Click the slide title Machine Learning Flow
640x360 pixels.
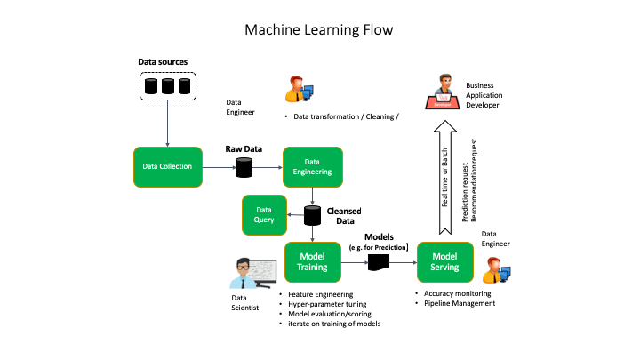(x=319, y=29)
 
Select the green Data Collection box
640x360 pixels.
(x=169, y=166)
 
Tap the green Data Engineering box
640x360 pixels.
(x=312, y=166)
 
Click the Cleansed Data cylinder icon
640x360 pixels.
(x=313, y=216)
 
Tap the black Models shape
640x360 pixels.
(x=380, y=262)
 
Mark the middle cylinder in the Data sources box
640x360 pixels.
(x=168, y=86)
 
